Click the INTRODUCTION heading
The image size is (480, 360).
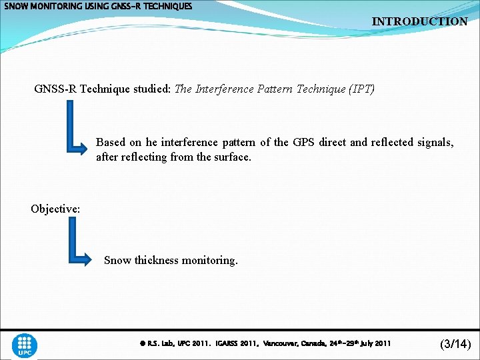419,21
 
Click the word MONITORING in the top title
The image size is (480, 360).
57,6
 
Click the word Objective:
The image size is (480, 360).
55,209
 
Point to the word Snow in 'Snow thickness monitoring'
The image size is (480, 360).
118,260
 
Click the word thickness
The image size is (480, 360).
157,260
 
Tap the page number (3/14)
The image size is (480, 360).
456,344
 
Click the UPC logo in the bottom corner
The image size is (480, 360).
25,345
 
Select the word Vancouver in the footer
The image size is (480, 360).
285,344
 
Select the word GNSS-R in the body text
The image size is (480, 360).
56,89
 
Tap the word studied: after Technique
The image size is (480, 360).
151,89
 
